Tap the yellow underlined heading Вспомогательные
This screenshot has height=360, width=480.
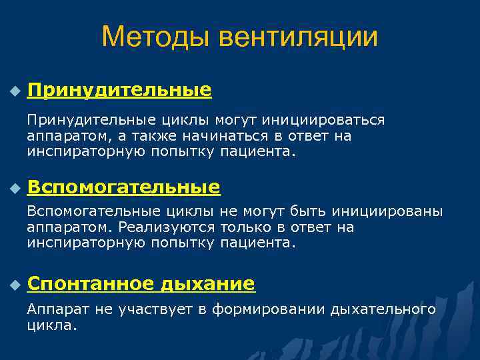tap(124, 187)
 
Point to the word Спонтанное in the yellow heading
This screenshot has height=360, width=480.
tap(91, 284)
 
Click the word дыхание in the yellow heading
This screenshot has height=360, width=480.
tap(207, 284)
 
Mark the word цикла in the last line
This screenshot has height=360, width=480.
tap(51, 326)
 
